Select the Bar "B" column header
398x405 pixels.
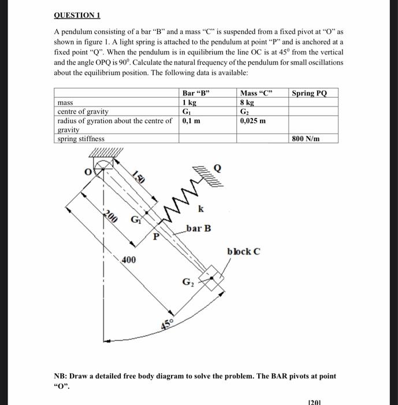coord(196,93)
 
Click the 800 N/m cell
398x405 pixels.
coord(306,139)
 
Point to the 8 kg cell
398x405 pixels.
coord(247,102)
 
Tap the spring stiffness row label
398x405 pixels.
coord(81,139)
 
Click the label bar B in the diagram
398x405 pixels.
coord(199,229)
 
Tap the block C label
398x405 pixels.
coord(243,251)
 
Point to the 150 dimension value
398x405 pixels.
coord(138,177)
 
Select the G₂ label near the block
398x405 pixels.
coord(188,282)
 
